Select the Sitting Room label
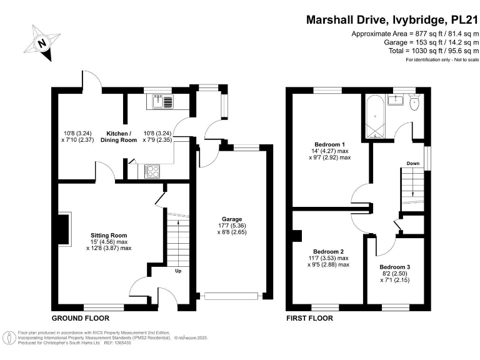109,235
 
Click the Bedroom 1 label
328,144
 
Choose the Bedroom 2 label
329,251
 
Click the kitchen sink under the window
162,101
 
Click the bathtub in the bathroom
375,116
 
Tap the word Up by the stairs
178,271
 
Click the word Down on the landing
412,164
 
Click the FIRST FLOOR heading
309,317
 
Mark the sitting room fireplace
64,228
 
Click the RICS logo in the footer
9,337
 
